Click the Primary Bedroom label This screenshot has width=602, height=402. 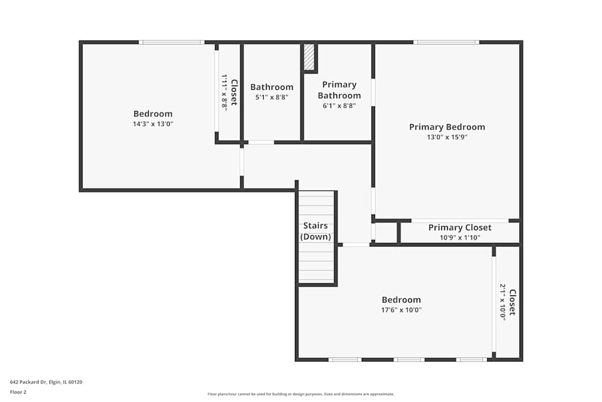coord(447,127)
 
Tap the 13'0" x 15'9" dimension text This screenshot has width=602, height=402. coord(447,137)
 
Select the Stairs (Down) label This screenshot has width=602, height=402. coord(315,231)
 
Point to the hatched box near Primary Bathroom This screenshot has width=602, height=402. coord(309,57)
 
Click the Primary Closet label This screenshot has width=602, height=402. coord(460,227)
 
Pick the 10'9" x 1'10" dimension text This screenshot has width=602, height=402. coord(460,237)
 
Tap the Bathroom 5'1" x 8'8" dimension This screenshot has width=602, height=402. coord(272,97)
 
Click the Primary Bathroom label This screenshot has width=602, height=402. coord(340,90)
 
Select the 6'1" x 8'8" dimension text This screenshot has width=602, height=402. coord(340,105)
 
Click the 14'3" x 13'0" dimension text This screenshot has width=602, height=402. coord(153,124)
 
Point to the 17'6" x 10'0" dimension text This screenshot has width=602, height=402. coord(401,310)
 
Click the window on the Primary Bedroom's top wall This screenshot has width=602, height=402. coord(446,42)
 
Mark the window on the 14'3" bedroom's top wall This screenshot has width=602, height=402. coord(172,42)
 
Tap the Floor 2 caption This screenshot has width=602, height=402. coord(18,392)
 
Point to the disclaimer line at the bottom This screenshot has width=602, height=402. coord(301,394)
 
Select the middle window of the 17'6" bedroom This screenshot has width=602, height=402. coord(409,360)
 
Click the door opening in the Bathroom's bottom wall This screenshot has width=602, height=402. coord(261,143)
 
